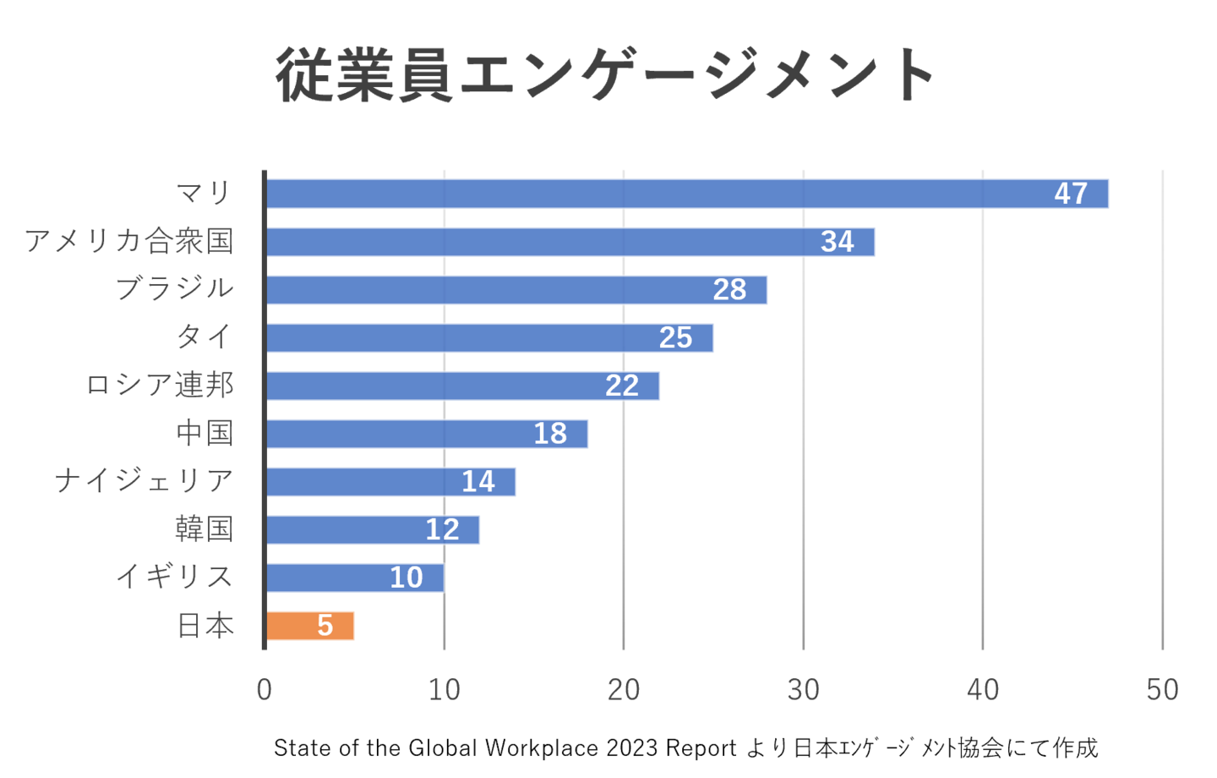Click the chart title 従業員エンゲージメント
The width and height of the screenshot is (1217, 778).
(605, 75)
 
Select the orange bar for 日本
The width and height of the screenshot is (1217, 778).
(311, 626)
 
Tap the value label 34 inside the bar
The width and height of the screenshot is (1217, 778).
(838, 242)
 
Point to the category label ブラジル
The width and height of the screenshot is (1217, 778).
(175, 288)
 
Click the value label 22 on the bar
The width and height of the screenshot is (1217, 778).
(622, 386)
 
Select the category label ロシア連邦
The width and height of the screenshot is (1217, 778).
(160, 385)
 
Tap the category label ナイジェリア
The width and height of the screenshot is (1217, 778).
(144, 480)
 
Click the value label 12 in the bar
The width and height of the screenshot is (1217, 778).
(442, 530)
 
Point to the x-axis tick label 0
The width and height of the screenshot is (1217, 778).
(265, 690)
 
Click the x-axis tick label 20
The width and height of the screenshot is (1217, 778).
(624, 690)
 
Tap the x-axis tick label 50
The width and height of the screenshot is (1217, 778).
(1162, 690)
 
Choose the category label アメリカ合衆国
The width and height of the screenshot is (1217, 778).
(128, 241)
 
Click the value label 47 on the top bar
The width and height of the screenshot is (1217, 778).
(1071, 194)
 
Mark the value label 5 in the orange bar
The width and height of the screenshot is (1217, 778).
(325, 626)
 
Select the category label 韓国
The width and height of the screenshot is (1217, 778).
(204, 529)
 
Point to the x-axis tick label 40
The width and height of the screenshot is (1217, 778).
(983, 690)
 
